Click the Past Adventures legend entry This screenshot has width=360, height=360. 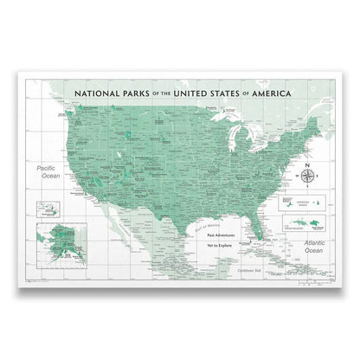(224, 233)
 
